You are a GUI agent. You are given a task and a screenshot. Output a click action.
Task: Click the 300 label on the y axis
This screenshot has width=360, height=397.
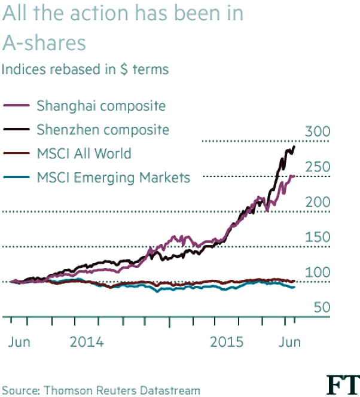(318, 132)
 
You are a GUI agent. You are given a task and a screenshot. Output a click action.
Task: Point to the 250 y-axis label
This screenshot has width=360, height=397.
(318, 167)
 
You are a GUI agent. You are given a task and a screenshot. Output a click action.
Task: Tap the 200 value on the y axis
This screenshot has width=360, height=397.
(318, 202)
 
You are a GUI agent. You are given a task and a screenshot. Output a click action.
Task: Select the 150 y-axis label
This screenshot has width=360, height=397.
(318, 237)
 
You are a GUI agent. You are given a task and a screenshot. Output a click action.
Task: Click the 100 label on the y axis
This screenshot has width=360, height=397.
(318, 273)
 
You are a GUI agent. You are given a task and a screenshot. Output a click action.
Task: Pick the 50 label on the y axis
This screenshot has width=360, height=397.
(322, 307)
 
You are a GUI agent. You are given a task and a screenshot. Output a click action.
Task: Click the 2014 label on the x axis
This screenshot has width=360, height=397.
(87, 342)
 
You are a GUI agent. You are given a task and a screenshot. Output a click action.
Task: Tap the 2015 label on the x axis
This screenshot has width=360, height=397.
(227, 342)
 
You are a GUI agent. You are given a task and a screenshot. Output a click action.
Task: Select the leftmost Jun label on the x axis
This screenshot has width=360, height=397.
(19, 342)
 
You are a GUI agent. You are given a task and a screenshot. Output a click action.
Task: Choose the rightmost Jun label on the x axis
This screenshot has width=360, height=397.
(289, 342)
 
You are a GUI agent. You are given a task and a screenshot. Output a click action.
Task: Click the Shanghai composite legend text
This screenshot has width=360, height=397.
(101, 106)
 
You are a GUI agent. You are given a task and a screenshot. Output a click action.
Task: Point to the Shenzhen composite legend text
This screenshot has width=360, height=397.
(103, 130)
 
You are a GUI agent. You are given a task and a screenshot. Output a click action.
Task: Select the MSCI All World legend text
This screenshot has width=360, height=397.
(84, 154)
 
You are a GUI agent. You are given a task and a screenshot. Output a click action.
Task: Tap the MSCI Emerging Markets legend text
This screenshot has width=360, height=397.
(114, 178)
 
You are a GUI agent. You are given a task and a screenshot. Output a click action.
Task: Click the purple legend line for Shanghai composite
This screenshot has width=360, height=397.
(17, 105)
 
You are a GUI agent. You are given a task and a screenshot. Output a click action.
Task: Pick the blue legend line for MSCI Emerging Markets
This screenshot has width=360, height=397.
(17, 177)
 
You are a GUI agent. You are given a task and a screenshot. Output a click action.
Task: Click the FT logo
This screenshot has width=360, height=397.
(343, 385)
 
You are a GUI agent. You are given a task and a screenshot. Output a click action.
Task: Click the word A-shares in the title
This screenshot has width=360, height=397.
(44, 42)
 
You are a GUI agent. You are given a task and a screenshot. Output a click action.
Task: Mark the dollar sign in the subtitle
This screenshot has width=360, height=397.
(124, 69)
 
